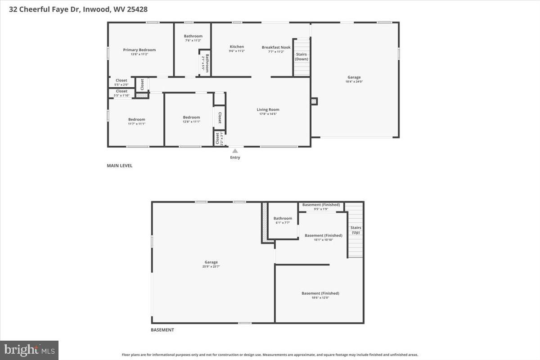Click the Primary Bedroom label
click(x=139, y=50)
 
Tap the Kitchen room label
click(x=237, y=47)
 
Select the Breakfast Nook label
click(x=276, y=47)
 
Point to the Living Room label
click(x=268, y=109)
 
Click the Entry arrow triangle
click(x=235, y=151)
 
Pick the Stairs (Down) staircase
click(x=301, y=58)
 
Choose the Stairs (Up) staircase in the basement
click(x=355, y=230)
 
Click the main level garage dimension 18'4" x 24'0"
click(x=354, y=82)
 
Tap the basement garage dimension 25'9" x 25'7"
click(x=211, y=267)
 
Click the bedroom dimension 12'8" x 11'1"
click(x=191, y=121)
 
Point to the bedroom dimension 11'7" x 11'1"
click(x=137, y=124)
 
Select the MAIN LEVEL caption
click(x=120, y=166)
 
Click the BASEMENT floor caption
click(x=162, y=330)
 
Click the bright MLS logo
click(x=29, y=350)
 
